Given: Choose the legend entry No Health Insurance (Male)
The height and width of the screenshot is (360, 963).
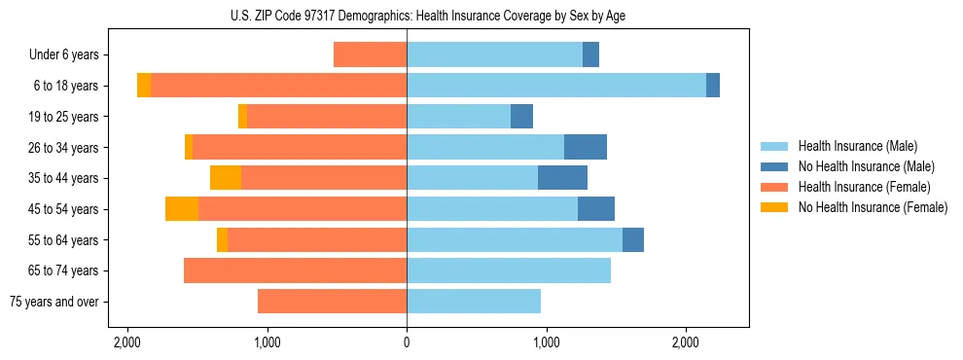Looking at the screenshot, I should pos(859,166).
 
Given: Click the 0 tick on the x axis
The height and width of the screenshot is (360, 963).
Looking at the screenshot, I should pos(407,342).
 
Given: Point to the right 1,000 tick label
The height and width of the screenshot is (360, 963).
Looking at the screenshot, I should pos(546,342).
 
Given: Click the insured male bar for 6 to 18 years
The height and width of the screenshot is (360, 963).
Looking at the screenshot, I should pos(556,86).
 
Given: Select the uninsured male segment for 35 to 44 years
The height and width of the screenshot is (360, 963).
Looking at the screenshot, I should pos(562,178).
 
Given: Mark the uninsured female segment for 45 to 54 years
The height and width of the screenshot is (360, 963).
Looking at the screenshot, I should pos(182,209).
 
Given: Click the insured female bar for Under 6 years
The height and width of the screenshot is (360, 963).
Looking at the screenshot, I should pos(370,54).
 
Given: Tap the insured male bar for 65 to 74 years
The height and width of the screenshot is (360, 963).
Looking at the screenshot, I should pos(509,270).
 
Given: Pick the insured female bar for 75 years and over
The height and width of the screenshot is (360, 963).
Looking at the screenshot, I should pos(332,302).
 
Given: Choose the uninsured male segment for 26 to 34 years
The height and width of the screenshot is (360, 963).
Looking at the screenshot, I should pos(586,147).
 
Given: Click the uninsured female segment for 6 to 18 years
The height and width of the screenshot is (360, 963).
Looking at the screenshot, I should pos(144,86).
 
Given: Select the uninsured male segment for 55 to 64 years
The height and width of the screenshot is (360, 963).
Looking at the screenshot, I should pos(633,239).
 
